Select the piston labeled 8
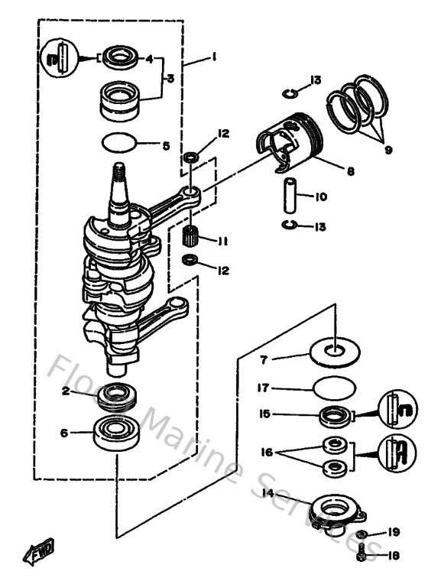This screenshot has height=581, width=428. point(294,144)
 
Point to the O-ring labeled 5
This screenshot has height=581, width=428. point(120,143)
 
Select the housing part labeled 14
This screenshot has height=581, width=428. point(336,508)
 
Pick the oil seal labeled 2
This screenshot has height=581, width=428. point(117,394)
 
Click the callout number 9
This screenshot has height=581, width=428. point(388,150)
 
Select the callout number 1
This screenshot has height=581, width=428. point(215,57)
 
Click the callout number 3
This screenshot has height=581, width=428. point(170,77)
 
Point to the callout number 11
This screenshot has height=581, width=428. point(222,241)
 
